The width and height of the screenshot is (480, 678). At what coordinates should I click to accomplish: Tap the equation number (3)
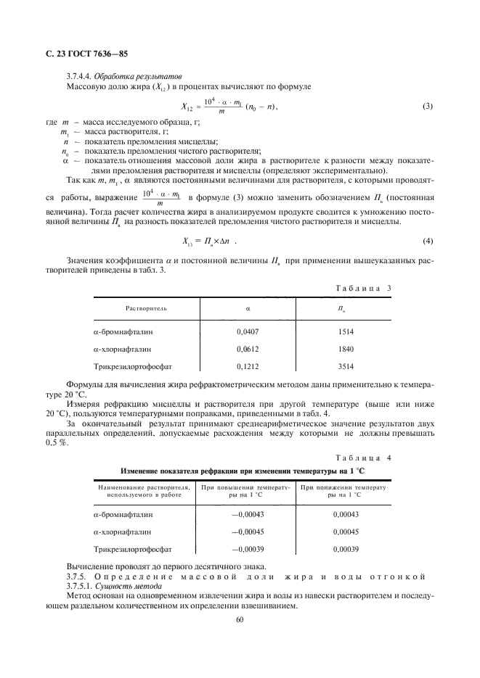tap(427, 107)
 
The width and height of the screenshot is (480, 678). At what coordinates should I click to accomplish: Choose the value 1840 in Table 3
tap(345, 349)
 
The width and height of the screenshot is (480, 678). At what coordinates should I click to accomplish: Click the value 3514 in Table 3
tap(345, 366)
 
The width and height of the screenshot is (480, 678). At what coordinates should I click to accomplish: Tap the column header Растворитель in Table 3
tap(146, 308)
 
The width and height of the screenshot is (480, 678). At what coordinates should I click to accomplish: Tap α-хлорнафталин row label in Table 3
tap(123, 349)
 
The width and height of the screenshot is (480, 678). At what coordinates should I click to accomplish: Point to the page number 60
tap(240, 619)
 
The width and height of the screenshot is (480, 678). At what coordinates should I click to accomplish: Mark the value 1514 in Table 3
tap(345, 331)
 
